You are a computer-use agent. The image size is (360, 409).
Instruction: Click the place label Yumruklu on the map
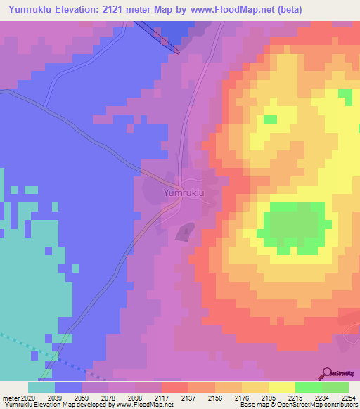(x=184, y=192)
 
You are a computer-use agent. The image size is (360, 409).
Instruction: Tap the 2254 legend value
(x=348, y=398)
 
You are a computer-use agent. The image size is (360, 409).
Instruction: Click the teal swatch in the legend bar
(x=41, y=387)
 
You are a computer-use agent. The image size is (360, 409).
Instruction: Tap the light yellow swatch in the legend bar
(x=281, y=387)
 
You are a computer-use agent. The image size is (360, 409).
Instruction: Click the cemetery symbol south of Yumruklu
(x=185, y=230)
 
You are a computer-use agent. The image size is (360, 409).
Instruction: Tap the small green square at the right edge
(x=345, y=93)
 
